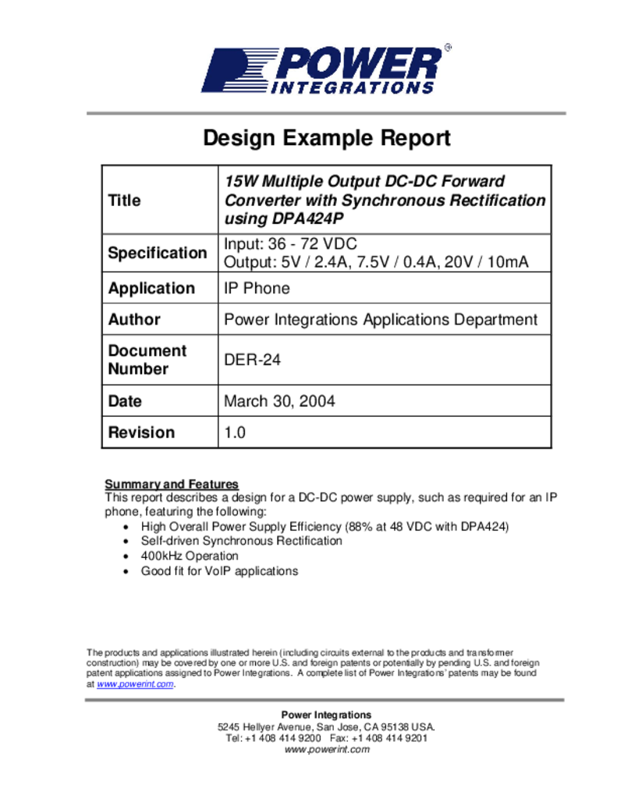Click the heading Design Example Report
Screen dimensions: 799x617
click(x=327, y=138)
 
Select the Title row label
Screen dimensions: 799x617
click(x=125, y=201)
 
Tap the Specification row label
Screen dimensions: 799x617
click(x=158, y=253)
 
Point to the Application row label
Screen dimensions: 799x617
click(x=151, y=288)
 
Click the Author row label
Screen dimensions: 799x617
click(x=134, y=319)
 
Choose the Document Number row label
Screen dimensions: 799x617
click(x=147, y=360)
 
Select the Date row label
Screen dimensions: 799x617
click(x=125, y=401)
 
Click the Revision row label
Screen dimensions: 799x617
click(x=141, y=432)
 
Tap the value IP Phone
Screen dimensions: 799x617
click(x=257, y=288)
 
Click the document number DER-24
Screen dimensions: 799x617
click(x=252, y=360)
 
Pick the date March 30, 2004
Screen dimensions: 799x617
click(x=279, y=401)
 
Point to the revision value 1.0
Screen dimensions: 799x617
click(x=235, y=432)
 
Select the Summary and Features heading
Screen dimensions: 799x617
click(x=172, y=484)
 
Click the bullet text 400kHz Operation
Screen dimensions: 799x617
click(x=190, y=556)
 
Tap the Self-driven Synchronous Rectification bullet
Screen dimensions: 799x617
click(x=241, y=541)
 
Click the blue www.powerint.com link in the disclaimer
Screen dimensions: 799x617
click(x=135, y=684)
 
